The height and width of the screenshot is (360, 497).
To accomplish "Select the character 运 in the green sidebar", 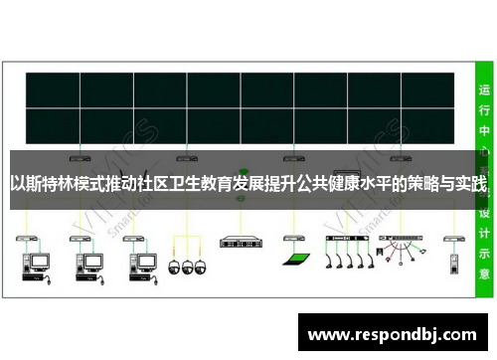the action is [x=484, y=89].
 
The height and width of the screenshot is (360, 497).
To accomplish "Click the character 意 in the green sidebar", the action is [x=484, y=272].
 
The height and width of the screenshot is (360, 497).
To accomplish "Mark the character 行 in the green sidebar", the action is [x=484, y=109].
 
